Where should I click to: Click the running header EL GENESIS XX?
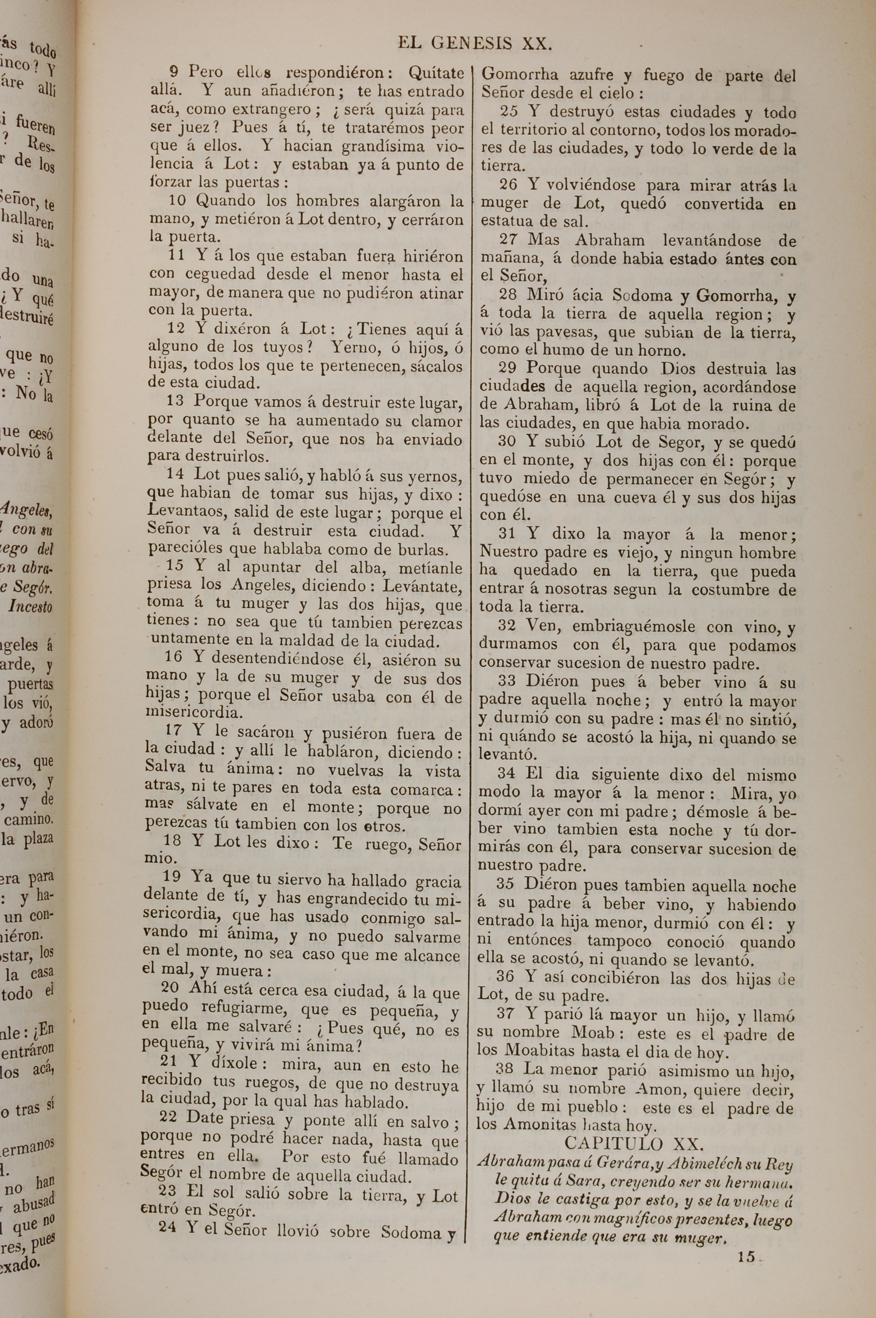pos(475,43)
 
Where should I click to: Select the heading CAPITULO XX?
pos(637,1141)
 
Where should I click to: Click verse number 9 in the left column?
pos(174,71)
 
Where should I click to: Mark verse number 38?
pos(505,1070)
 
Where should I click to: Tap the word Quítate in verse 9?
pos(436,73)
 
